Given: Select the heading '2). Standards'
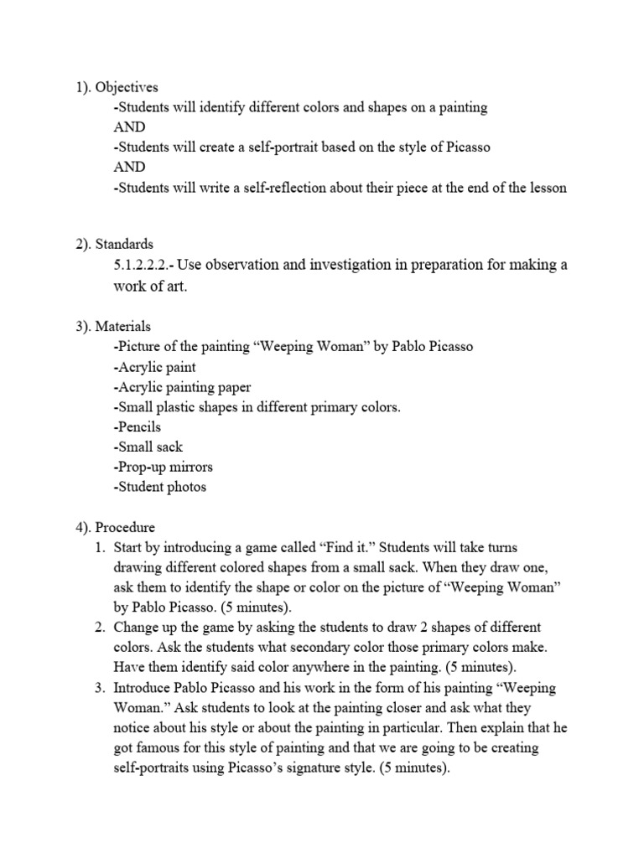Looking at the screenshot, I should (112, 245).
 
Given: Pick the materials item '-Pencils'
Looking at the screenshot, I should (137, 426).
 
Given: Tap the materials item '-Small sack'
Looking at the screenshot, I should (148, 447).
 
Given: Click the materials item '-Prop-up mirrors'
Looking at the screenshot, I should (163, 467).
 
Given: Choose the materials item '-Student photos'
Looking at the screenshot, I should (159, 487).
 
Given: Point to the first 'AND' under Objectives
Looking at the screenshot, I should (129, 127).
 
